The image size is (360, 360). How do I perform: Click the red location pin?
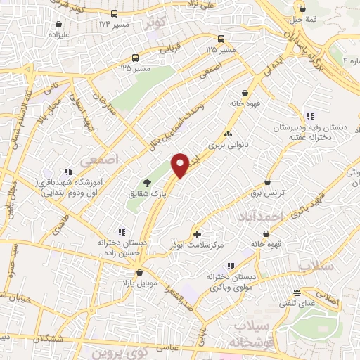click(181, 165)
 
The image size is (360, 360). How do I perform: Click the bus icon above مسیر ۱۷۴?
click(115, 13)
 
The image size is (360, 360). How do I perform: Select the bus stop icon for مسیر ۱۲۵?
click(222, 39)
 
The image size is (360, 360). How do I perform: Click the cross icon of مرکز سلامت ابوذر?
click(196, 233)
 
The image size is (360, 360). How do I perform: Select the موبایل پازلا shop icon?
click(139, 271)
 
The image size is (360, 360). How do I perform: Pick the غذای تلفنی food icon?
click(297, 292)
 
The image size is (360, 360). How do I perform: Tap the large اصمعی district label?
click(101, 160)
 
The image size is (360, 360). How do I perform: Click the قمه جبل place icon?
click(302, 9)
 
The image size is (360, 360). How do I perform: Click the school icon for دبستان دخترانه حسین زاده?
click(120, 231)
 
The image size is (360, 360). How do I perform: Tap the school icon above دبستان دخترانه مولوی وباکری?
click(230, 266)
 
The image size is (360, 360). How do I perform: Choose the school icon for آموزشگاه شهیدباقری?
click(68, 171)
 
